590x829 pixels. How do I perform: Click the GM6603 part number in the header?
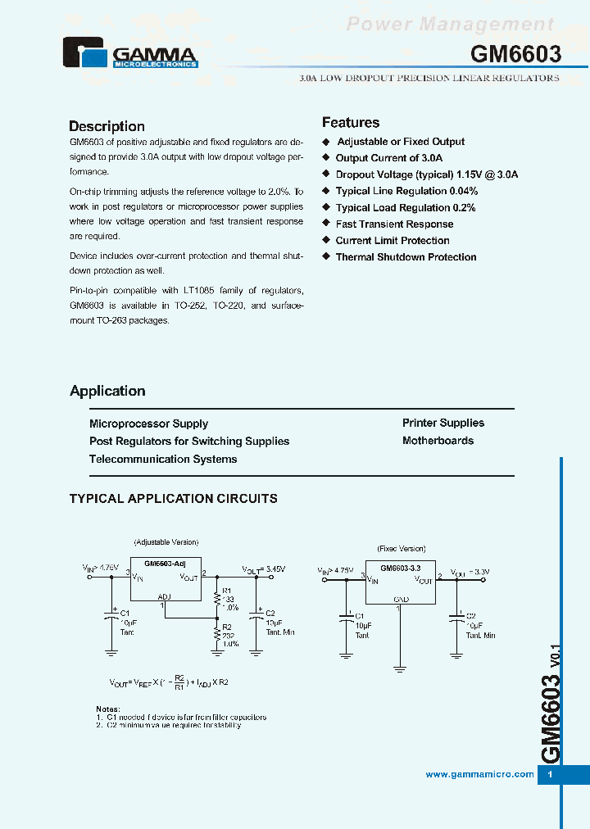point(515,54)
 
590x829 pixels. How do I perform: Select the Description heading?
point(107,126)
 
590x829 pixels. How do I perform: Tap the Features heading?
point(351,123)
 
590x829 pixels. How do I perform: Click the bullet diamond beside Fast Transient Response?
point(325,224)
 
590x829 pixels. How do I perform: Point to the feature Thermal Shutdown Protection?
point(406,257)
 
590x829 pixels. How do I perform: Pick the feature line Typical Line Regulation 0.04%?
point(406,191)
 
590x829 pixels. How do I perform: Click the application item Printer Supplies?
point(443,423)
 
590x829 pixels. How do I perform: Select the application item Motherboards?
point(438,441)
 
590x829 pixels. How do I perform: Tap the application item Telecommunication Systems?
point(163,459)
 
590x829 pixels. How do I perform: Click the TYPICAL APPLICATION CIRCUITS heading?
point(174,498)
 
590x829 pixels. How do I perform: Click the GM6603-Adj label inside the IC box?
point(166,564)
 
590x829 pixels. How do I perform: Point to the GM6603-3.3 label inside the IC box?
point(400,567)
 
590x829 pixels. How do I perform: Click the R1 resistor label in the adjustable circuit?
point(228,591)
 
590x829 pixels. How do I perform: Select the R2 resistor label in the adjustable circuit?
point(228,627)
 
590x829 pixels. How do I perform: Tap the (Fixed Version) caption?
point(401,549)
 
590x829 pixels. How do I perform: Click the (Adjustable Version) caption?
point(166,542)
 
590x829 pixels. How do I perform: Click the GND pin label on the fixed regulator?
point(401,599)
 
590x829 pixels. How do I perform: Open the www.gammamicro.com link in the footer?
point(480,775)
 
